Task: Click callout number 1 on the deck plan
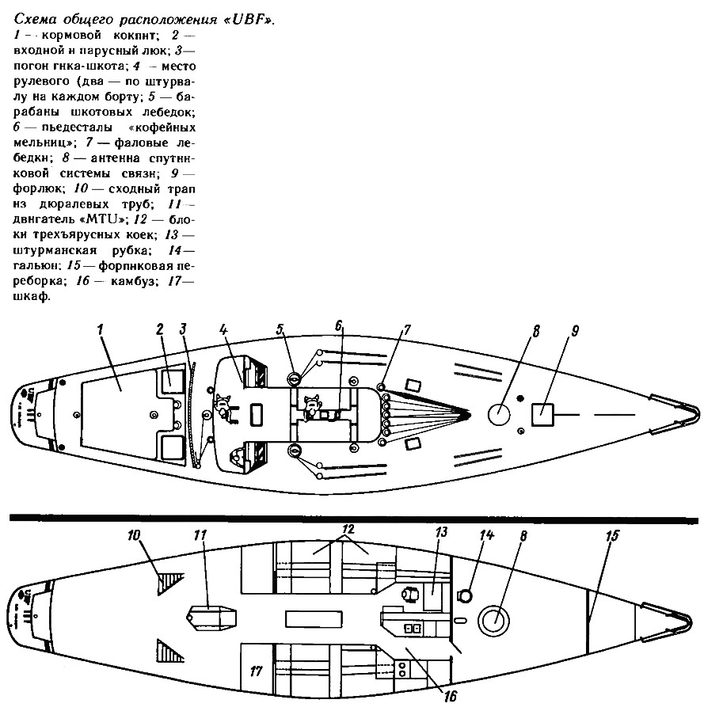tap(101, 329)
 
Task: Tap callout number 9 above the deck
tap(574, 332)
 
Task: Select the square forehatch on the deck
tap(542, 414)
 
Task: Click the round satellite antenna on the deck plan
tap(499, 414)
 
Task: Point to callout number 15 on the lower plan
tap(612, 536)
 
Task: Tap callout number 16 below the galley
tap(451, 695)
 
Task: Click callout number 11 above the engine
tap(200, 535)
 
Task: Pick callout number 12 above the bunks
tap(348, 529)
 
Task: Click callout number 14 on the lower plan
tap(486, 535)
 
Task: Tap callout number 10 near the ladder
tap(134, 535)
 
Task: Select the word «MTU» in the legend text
tap(104, 219)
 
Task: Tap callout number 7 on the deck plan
tap(406, 329)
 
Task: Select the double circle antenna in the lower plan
tap(494, 621)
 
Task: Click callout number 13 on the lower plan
tap(441, 532)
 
